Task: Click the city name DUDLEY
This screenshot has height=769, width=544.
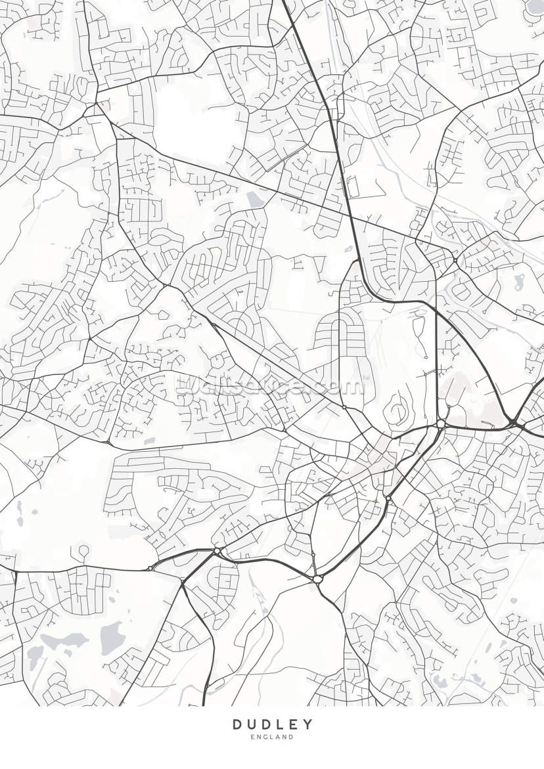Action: [x=272, y=724]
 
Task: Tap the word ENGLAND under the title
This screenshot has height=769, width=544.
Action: [x=272, y=737]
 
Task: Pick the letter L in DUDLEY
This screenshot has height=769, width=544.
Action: [x=280, y=724]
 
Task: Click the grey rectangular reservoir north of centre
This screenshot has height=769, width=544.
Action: [x=253, y=196]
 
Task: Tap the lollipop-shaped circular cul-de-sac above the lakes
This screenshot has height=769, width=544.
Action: [x=83, y=550]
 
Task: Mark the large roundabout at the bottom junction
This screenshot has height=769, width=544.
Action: [x=318, y=579]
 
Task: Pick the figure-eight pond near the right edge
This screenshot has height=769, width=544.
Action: [x=517, y=282]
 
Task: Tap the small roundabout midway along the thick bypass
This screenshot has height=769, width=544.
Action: [x=388, y=499]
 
